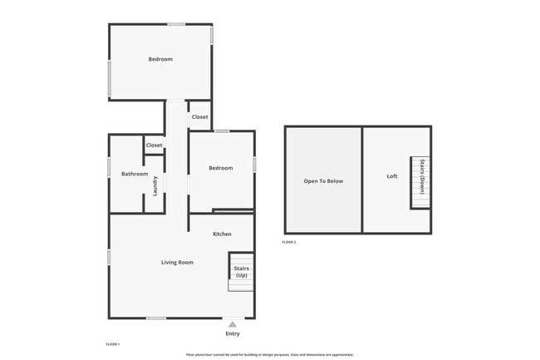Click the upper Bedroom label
[160, 59]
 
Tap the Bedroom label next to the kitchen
[220, 168]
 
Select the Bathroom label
[135, 174]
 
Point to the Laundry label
[155, 185]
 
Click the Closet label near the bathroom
[155, 145]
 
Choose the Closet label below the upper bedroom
[200, 117]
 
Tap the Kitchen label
[222, 234]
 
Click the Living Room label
[177, 262]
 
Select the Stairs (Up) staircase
[241, 272]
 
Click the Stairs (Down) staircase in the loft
[420, 182]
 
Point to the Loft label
[392, 176]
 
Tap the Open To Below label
[323, 180]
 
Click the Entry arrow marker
[233, 323]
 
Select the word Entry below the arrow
[233, 333]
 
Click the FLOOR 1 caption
[113, 344]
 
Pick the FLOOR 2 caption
[288, 242]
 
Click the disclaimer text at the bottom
[270, 354]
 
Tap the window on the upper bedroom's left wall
[109, 78]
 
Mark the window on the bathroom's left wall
[109, 167]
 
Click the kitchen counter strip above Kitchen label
[233, 210]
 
